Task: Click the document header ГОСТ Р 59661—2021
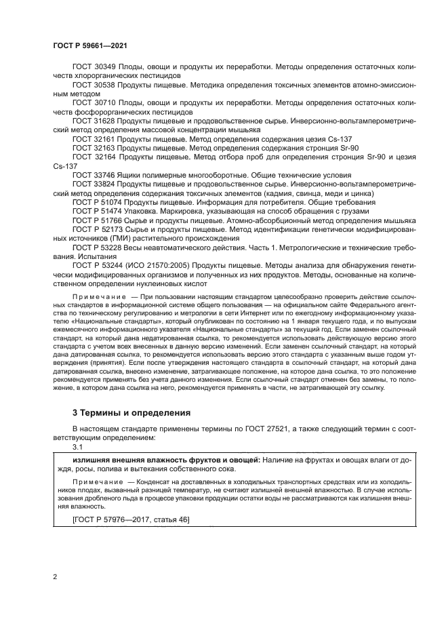[x=91, y=44]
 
